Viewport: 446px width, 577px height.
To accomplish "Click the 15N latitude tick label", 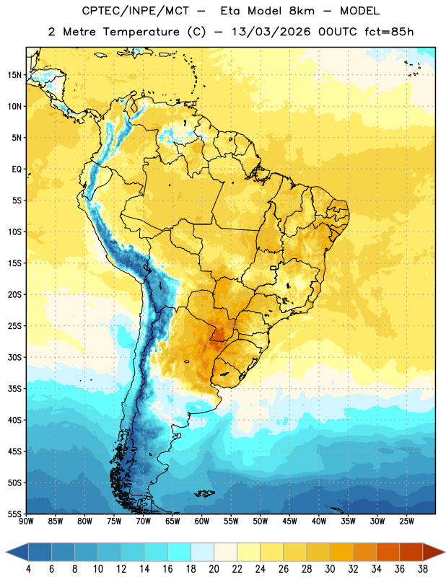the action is click(x=14, y=75).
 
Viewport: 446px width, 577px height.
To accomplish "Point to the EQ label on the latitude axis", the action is click(x=17, y=169).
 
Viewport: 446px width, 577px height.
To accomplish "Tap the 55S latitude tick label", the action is click(x=14, y=514).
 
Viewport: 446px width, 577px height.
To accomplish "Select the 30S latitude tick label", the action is click(x=14, y=357).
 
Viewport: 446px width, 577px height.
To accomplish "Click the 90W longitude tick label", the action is click(x=26, y=521).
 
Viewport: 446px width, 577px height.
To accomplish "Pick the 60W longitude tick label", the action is click(x=202, y=521).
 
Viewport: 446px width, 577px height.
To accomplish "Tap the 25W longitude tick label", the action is click(x=406, y=521).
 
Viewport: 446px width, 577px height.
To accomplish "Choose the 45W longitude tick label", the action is click(x=289, y=521).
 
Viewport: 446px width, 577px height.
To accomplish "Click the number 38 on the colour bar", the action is click(x=423, y=569).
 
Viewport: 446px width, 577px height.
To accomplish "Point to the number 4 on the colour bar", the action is click(x=28, y=569).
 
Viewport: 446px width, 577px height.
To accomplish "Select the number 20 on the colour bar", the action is click(x=214, y=569).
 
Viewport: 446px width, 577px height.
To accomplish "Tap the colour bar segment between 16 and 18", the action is click(x=179, y=552).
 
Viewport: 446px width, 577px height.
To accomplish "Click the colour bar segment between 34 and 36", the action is click(x=388, y=552).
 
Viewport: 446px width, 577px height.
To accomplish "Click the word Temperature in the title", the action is click(x=141, y=32).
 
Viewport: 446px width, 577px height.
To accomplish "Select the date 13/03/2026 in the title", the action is click(x=271, y=32).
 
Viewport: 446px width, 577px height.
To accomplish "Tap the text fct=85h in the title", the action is click(x=389, y=32).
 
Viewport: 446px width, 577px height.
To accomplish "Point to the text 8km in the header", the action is click(x=302, y=11).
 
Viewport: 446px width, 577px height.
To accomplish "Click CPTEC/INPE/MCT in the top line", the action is click(x=136, y=11).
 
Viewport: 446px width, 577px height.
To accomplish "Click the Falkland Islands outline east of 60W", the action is click(x=204, y=493).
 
